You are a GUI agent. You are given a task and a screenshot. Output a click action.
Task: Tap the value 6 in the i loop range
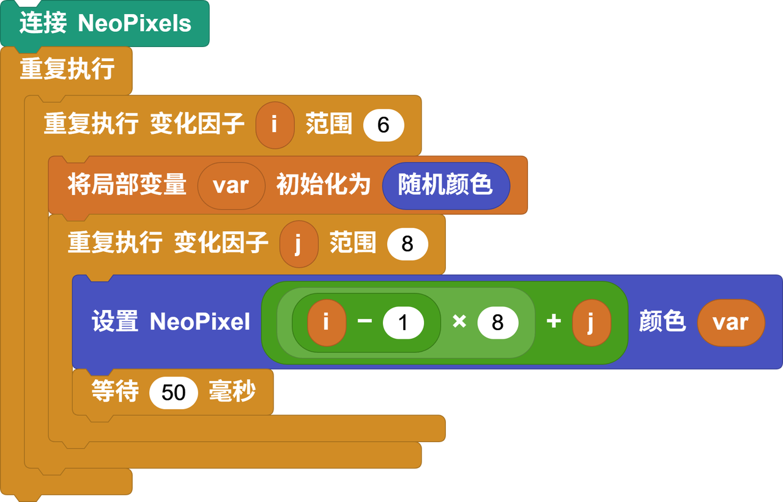[384, 125]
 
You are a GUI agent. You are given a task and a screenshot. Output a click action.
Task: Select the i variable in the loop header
[275, 125]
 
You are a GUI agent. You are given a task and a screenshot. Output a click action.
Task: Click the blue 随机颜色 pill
[445, 185]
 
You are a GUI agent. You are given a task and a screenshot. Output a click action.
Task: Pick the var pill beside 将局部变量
[231, 185]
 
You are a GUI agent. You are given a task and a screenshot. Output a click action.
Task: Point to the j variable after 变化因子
[299, 244]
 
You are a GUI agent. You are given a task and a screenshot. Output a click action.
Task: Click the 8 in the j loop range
[407, 245]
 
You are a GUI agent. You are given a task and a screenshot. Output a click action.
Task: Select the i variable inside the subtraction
[326, 322]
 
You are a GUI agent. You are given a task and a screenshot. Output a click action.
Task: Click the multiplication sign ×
[459, 322]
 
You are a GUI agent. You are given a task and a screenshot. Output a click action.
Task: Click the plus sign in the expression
[554, 322]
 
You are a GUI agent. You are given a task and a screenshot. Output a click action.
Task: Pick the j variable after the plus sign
[591, 322]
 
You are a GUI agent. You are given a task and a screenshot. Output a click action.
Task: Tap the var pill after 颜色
[730, 322]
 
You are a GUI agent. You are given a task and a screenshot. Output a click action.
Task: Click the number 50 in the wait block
[174, 392]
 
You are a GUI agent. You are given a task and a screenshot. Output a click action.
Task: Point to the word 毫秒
[232, 391]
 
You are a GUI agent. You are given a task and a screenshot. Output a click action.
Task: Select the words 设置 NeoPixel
[171, 322]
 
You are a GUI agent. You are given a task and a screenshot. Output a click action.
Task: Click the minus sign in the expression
[365, 322]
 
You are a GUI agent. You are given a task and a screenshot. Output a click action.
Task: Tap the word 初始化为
[323, 185]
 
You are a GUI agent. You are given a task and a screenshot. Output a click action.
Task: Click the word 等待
[115, 391]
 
